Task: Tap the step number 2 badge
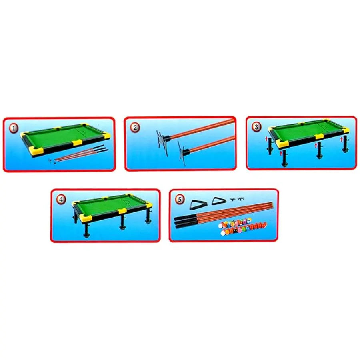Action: (x=135, y=128)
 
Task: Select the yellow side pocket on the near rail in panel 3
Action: (x=319, y=136)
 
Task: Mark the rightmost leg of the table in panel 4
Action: (x=148, y=218)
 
